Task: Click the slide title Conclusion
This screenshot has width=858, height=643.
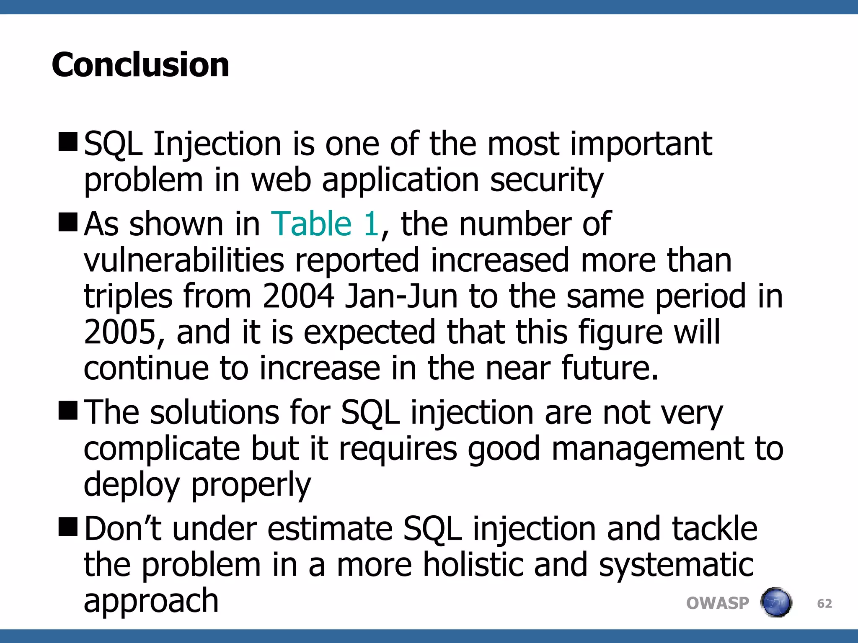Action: (x=140, y=65)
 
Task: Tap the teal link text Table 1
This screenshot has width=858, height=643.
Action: (x=325, y=224)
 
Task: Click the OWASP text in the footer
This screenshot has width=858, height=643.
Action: (x=717, y=603)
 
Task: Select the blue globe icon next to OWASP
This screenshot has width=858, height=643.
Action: (x=776, y=602)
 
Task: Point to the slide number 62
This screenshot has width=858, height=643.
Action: (x=824, y=604)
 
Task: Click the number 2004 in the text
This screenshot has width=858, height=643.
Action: (x=298, y=296)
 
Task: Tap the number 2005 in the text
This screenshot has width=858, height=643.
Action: (x=120, y=332)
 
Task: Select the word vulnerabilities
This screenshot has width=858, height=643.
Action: (x=184, y=260)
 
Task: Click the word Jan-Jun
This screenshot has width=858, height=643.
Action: (x=401, y=296)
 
